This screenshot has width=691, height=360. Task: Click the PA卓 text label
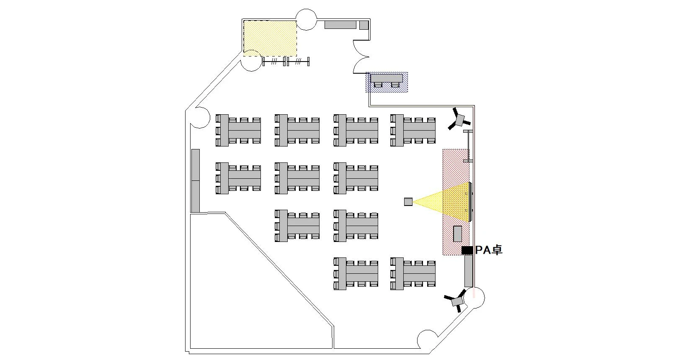point(488,250)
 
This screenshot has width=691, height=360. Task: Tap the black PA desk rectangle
point(467,250)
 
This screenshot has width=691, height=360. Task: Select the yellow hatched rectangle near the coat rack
point(270,38)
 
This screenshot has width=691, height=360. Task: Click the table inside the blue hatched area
point(387,78)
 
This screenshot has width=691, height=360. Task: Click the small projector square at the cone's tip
point(408,202)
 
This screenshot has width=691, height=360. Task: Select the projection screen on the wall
point(471,202)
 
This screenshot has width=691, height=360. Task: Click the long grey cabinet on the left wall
point(195,181)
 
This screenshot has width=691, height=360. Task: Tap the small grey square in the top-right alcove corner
point(364,25)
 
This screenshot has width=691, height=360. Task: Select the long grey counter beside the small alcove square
point(340,25)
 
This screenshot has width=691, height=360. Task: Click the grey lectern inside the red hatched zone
point(457,234)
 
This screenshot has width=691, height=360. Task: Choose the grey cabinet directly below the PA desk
point(469,271)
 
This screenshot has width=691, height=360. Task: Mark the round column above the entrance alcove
point(306,20)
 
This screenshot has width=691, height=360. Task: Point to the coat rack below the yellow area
point(286,62)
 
